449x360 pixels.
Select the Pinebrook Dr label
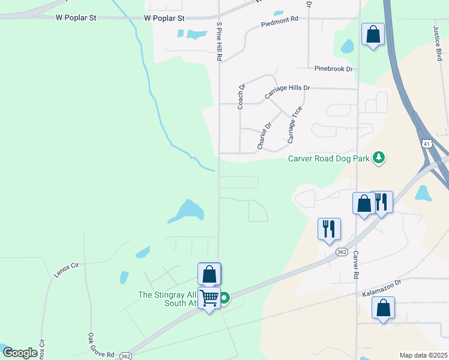[x=330, y=69]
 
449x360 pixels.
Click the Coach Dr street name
[x=241, y=96]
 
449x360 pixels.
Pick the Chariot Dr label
[x=265, y=136]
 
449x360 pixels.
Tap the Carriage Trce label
[x=294, y=125]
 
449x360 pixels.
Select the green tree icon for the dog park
[x=378, y=158]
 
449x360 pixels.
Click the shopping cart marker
[x=209, y=298]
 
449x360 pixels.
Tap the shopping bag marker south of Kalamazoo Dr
[x=383, y=308]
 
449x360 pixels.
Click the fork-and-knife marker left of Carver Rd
[x=329, y=229]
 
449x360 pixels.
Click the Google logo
[x=20, y=353]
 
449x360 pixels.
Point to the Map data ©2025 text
[x=423, y=355]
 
